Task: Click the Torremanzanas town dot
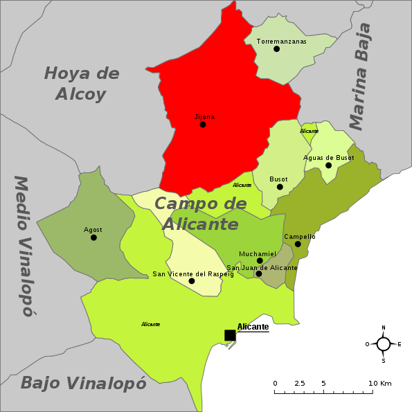point(276,48)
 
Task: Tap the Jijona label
point(204,117)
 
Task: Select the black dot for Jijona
point(202,125)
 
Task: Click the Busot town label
point(278,179)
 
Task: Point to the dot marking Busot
point(280,187)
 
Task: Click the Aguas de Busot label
point(328,158)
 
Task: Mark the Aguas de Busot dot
point(328,165)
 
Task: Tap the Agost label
point(93,230)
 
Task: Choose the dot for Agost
point(93,238)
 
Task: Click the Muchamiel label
point(257,253)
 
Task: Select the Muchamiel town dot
point(260,261)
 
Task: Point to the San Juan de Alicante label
point(262,267)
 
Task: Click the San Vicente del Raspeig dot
point(192,281)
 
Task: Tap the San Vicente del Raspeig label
point(193,274)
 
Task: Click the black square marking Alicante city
point(229,335)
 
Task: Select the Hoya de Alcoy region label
point(81,83)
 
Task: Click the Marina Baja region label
point(361,76)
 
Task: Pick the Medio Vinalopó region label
point(24,246)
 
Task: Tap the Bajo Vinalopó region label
point(83,383)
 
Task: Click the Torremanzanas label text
point(281,42)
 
